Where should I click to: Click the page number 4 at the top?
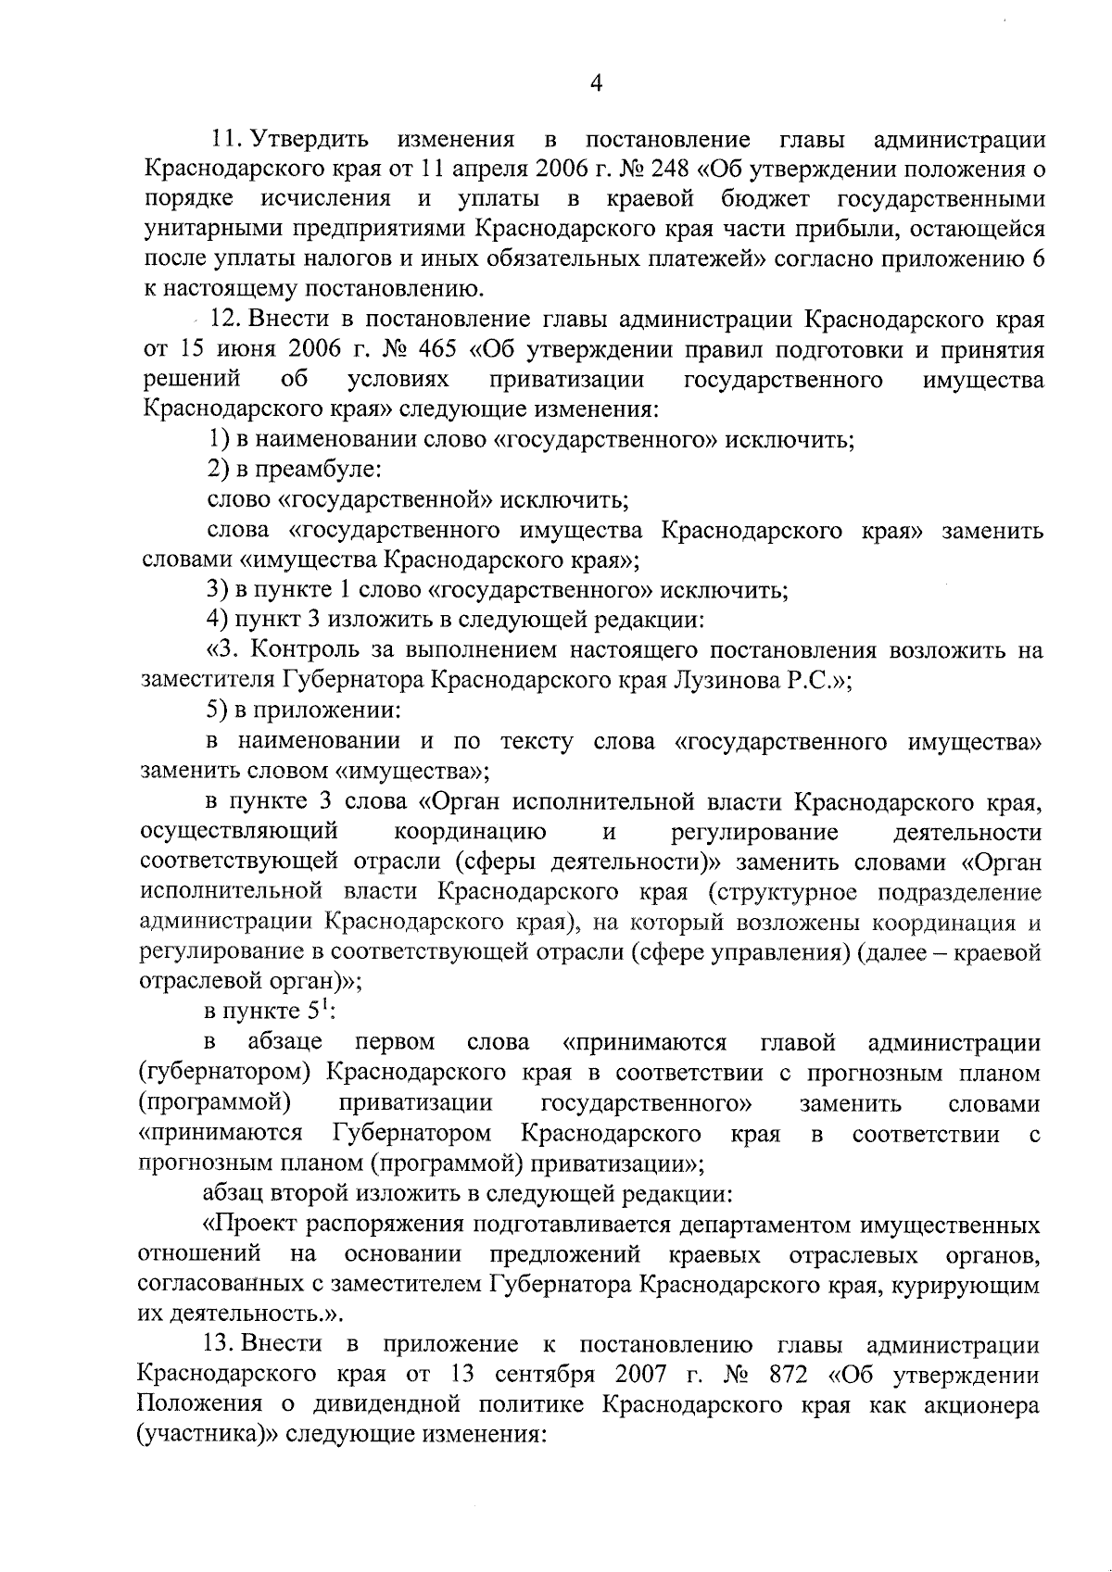click(x=597, y=84)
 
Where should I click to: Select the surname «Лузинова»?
click(x=727, y=680)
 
